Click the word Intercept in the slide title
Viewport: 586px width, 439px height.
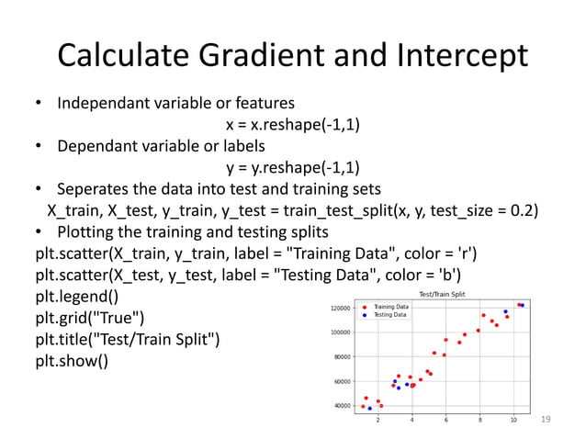[x=464, y=56]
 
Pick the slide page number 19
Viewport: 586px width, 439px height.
[x=547, y=419]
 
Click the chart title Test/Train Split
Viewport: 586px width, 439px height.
[x=443, y=294]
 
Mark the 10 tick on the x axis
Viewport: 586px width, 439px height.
[x=513, y=421]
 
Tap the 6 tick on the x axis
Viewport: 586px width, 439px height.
[x=445, y=421]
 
